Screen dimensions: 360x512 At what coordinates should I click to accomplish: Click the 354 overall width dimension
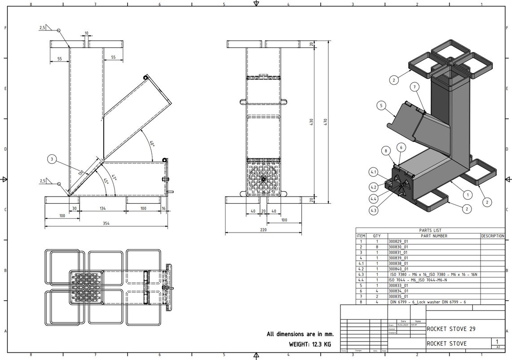pos(106,223)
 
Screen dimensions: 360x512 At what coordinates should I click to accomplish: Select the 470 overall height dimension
pos(326,122)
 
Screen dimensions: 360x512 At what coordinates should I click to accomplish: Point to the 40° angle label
pos(152,144)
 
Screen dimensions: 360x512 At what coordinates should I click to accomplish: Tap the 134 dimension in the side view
pos(103,209)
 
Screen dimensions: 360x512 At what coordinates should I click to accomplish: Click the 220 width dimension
pos(263,230)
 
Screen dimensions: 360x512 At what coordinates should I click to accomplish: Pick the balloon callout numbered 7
pos(415,86)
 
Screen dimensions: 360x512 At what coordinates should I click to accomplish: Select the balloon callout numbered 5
pos(381,106)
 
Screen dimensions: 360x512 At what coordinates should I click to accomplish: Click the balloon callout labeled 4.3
pos(373,210)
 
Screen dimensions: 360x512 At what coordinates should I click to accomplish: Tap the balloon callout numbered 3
pos(53,159)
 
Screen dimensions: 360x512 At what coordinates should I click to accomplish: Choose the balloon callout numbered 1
pos(468,195)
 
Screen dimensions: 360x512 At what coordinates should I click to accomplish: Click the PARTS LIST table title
pos(430,230)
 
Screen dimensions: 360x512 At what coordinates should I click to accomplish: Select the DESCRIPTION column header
pos(493,236)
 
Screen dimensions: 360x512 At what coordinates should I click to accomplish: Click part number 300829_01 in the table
pos(398,241)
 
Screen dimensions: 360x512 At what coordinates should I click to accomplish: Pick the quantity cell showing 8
pos(377,247)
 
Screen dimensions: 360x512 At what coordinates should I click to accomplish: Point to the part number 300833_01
pos(398,285)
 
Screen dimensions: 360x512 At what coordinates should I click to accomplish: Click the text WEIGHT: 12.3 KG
pos(310,344)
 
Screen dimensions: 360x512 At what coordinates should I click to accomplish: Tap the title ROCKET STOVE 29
pos(451,329)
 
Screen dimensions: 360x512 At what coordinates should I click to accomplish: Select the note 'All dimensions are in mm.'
pos(300,334)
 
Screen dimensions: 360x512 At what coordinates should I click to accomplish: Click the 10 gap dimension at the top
pos(86,33)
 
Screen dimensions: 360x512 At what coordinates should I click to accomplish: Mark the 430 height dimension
pos(311,122)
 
